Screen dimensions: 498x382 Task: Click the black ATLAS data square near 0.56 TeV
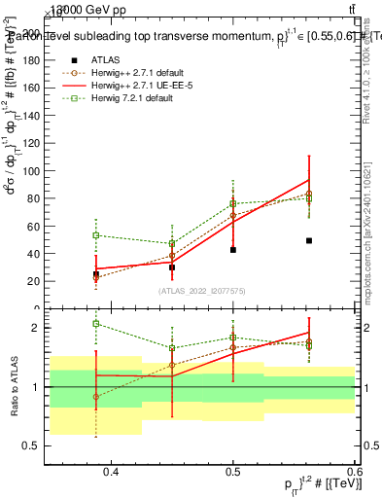click(309, 240)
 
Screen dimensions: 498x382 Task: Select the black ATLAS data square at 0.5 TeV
click(233, 250)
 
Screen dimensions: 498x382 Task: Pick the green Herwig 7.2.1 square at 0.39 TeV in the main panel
click(95, 235)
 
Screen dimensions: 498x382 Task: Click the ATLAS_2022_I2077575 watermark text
click(202, 291)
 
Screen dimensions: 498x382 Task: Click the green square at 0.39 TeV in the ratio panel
click(95, 324)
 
